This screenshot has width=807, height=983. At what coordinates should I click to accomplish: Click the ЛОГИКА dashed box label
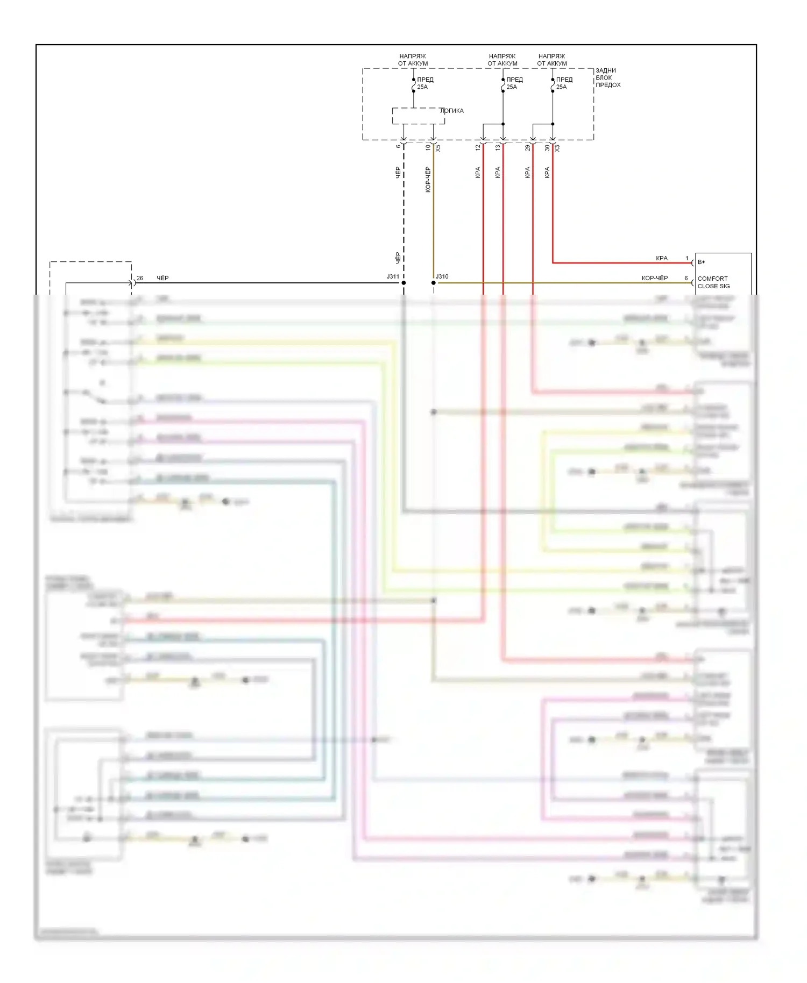pos(451,111)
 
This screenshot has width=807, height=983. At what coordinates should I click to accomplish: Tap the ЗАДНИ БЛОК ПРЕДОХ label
pos(608,78)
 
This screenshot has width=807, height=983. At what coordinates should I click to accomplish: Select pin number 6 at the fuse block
pos(398,147)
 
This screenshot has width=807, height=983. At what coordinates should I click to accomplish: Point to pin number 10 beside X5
pos(428,147)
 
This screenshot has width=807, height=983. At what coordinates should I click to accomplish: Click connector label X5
pos(438,148)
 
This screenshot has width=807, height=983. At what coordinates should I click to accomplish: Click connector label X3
pos(557,148)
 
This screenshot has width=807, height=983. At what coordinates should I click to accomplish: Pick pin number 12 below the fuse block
pos(478,147)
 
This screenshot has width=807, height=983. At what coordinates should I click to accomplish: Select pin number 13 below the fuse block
pos(498,147)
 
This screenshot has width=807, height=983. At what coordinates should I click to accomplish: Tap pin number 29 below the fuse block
pos(527,147)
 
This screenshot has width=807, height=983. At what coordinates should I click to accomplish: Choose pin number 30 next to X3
pos(547,147)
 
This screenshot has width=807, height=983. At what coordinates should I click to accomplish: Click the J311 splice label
pos(393,277)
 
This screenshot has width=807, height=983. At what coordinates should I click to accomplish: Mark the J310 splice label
pos(442,277)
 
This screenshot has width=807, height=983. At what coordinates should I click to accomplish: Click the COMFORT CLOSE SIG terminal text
pos(713,282)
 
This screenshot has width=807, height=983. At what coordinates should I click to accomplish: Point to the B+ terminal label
pos(702,262)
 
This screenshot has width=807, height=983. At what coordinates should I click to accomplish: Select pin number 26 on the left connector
pos(140,278)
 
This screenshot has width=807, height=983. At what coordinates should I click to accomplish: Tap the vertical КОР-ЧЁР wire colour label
pos(428,180)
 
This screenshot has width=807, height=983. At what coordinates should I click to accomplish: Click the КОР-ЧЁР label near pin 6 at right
pos(654,278)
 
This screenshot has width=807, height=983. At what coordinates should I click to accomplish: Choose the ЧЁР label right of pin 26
pos(162,278)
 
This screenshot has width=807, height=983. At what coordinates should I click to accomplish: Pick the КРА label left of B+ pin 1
pos(661,258)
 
